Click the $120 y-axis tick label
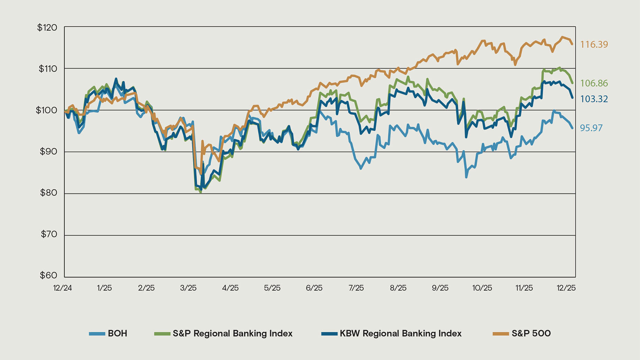tap(47, 27)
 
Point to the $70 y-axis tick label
tap(48, 234)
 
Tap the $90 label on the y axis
tap(48, 151)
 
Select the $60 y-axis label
tap(48, 276)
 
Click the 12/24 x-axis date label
tap(63, 288)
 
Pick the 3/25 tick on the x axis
tap(188, 288)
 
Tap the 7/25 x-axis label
tap(356, 288)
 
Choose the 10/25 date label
tap(482, 288)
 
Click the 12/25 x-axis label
tap(566, 288)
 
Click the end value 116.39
tap(594, 44)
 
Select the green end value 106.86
tap(594, 83)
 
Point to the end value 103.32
tap(594, 99)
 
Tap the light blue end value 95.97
tap(591, 128)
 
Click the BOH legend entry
tap(117, 333)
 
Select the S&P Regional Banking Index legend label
tap(232, 333)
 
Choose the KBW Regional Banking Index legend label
tap(401, 333)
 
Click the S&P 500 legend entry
tap(531, 333)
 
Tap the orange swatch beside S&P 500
tap(501, 334)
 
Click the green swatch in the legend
tap(162, 334)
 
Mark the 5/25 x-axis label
tap(272, 288)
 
